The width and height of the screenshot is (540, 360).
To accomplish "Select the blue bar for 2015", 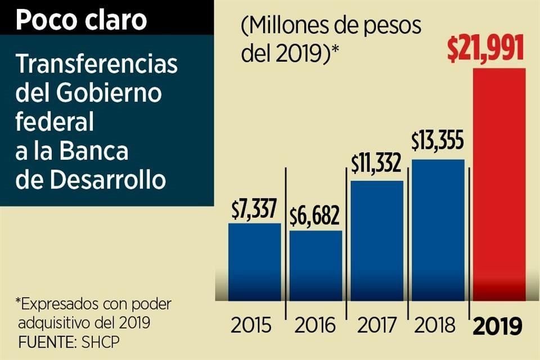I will pos(254,262).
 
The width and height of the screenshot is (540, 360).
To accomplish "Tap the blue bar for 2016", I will pos(316,265).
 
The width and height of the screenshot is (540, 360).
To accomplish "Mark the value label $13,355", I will pos(437,142).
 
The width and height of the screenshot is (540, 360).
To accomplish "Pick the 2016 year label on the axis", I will pos(315,326).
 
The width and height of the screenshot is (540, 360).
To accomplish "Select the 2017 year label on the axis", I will pos(376,326).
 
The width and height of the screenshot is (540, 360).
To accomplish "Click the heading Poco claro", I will pos(81,20).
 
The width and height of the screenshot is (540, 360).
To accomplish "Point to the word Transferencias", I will pos(96,65).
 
